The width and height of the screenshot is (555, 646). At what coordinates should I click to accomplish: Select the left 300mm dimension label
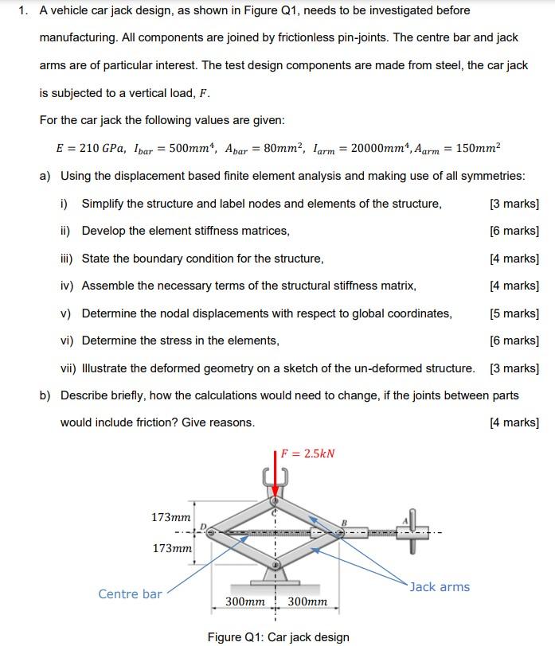pos(244,602)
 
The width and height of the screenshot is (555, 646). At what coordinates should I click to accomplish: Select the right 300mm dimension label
pos(307,602)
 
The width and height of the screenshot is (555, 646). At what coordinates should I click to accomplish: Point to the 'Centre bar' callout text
pos(130,593)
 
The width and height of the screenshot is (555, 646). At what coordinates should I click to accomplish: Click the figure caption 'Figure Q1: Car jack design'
pos(278,636)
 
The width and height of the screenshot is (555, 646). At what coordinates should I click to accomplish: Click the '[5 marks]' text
pos(514,313)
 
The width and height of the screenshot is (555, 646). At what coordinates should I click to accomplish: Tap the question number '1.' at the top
pos(24,10)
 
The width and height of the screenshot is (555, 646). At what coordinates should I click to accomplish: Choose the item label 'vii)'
pos(69,368)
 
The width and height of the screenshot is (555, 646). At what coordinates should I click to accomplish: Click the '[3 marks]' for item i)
pos(514,204)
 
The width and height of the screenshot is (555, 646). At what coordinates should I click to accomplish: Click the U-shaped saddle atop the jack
pos(274,480)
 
